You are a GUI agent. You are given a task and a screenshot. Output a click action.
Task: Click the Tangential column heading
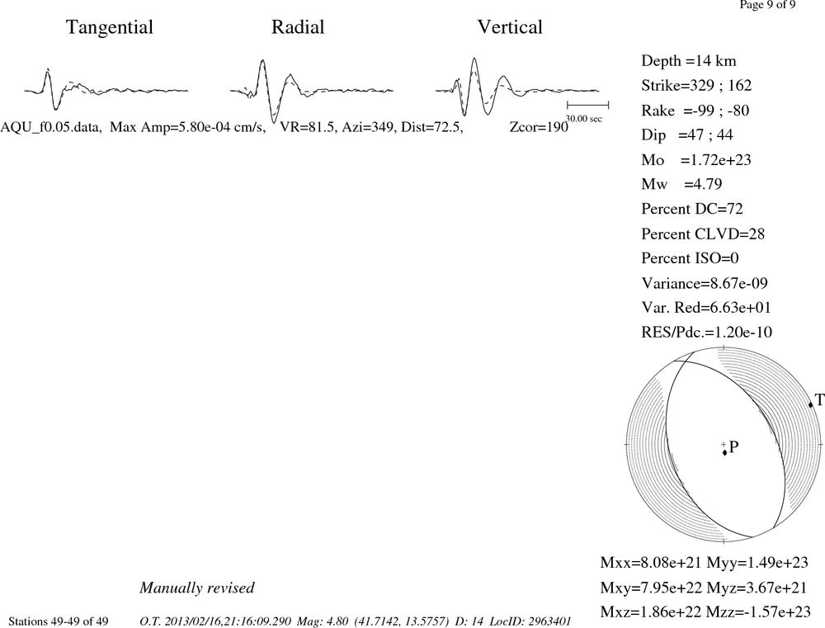(x=110, y=28)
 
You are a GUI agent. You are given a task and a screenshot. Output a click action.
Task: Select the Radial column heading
(x=298, y=27)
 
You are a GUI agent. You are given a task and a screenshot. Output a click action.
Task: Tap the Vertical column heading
(x=510, y=27)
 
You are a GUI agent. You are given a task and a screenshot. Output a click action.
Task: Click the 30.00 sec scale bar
(x=587, y=106)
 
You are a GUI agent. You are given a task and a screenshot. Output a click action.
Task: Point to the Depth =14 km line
(x=689, y=61)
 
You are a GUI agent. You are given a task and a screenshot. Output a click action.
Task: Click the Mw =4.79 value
(x=682, y=184)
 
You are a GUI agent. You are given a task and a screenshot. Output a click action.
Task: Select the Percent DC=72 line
(x=692, y=209)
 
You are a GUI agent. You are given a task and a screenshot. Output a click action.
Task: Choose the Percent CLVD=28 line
(x=703, y=234)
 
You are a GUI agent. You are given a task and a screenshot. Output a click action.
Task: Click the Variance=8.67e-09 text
(x=705, y=283)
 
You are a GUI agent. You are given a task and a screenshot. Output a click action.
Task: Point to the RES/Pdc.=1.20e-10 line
(x=707, y=333)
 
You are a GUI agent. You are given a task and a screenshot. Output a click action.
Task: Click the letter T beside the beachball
(x=819, y=400)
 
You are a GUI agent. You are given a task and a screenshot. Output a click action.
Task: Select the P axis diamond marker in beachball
(x=724, y=452)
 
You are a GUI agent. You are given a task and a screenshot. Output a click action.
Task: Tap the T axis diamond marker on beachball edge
(x=811, y=404)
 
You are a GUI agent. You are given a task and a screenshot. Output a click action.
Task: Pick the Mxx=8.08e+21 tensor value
(x=651, y=563)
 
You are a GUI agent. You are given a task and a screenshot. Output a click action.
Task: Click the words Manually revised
(x=197, y=588)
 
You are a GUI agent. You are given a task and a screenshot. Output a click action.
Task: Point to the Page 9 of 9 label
(x=767, y=5)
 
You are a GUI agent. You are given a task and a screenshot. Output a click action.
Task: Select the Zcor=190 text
(x=539, y=127)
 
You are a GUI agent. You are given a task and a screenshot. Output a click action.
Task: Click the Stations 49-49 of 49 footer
(x=59, y=621)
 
